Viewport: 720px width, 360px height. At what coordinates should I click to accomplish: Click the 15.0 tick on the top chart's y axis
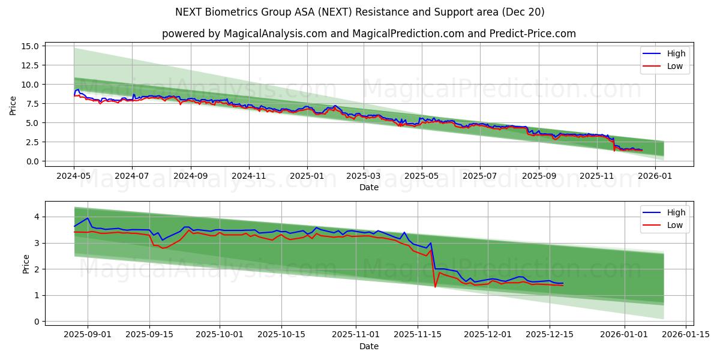(31, 46)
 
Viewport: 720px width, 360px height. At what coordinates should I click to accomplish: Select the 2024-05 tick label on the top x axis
(74, 176)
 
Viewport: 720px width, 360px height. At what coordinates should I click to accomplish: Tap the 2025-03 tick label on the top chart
(363, 176)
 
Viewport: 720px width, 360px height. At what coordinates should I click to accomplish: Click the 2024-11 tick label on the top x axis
(248, 176)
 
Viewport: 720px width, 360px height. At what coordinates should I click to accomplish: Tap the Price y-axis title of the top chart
(13, 106)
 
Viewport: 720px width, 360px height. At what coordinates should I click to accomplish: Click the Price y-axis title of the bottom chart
(26, 264)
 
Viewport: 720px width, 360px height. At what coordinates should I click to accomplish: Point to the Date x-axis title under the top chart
(368, 188)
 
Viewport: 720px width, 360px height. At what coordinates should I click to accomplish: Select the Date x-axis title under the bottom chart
(368, 346)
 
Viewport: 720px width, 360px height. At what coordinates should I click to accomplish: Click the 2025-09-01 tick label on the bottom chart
(88, 335)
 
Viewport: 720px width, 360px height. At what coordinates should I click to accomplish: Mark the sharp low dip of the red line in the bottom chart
(435, 286)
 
